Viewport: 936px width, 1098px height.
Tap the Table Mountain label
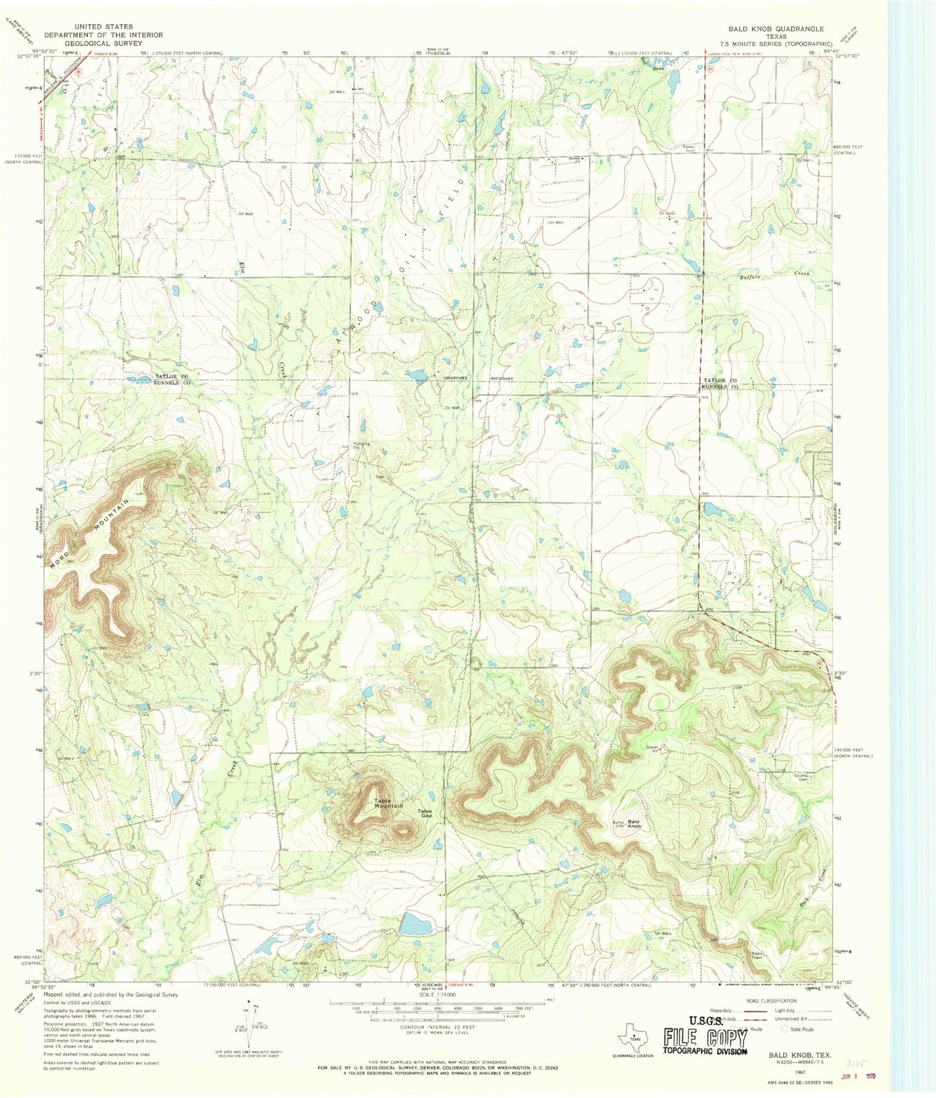[388, 803]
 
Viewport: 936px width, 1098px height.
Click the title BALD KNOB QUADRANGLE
[775, 29]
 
